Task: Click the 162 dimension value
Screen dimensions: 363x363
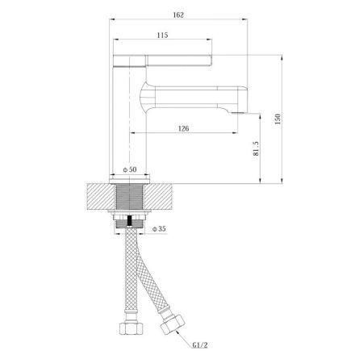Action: (x=178, y=15)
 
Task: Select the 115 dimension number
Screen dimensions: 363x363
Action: (x=162, y=35)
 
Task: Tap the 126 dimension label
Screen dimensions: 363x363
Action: (x=183, y=128)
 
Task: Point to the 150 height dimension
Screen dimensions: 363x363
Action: (x=277, y=119)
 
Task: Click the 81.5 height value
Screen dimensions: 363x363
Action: (x=256, y=148)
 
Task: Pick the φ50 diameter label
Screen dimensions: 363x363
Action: (x=130, y=169)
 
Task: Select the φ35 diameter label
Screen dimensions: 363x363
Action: (x=159, y=229)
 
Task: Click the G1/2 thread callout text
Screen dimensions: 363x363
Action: (x=200, y=344)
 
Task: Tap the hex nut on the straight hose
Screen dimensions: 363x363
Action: (x=131, y=328)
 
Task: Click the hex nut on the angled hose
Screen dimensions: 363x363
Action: (x=173, y=324)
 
